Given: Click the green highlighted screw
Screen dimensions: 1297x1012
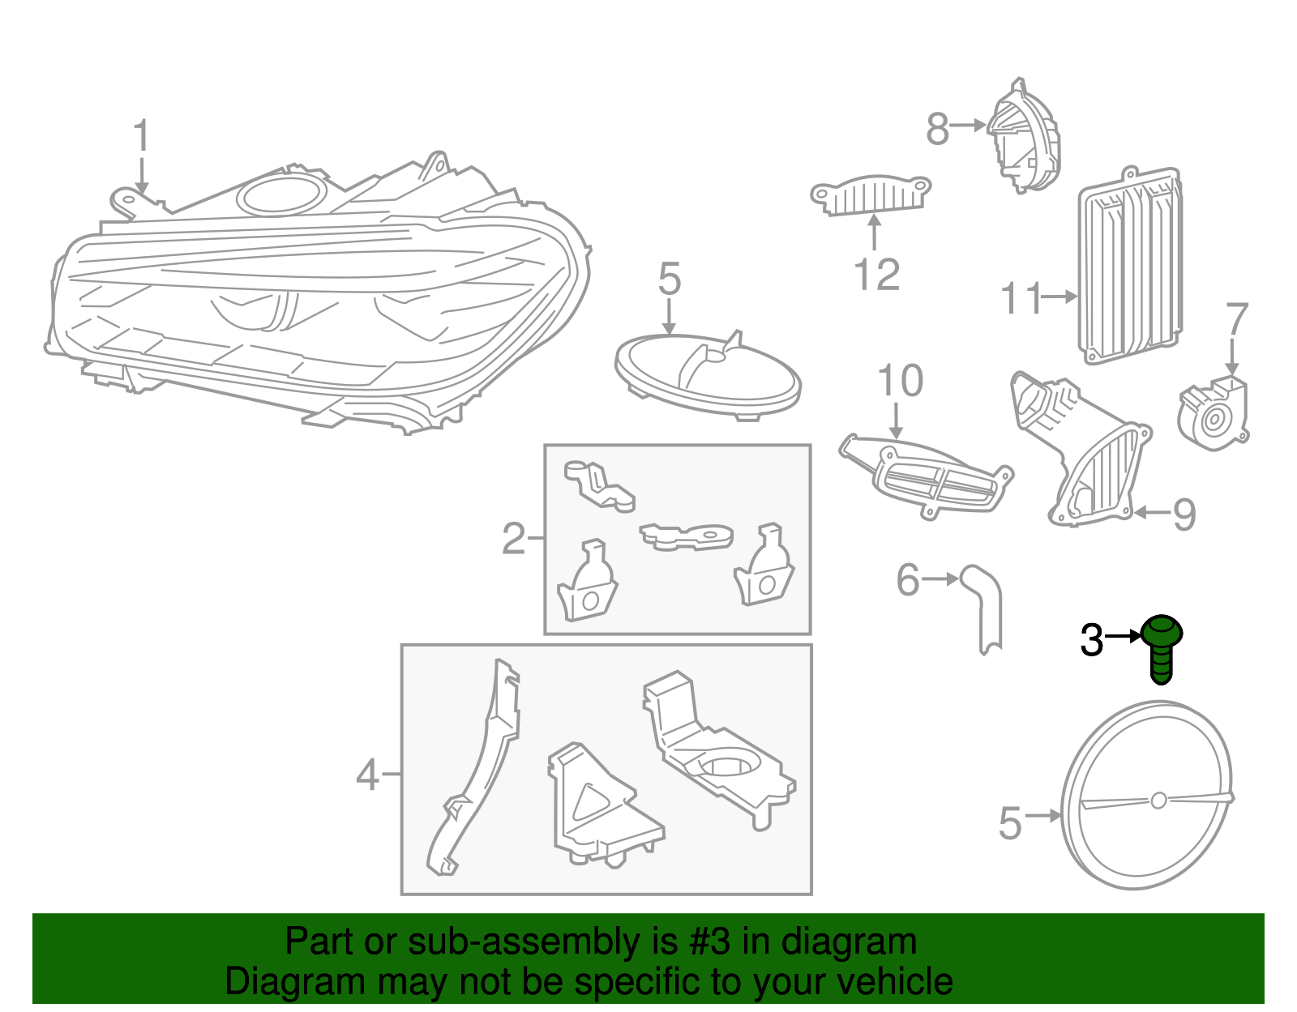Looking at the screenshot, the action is pyautogui.click(x=1161, y=649).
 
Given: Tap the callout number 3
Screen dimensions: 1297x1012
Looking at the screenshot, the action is pyautogui.click(x=1092, y=640).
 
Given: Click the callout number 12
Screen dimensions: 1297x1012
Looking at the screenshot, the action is pyautogui.click(x=877, y=275).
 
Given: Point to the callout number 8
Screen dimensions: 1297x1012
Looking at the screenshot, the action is pyautogui.click(x=937, y=130).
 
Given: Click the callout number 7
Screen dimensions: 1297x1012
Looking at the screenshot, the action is pyautogui.click(x=1237, y=318).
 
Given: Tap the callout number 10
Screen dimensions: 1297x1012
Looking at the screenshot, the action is pyautogui.click(x=900, y=381).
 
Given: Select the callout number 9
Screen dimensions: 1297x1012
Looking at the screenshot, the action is pyautogui.click(x=1184, y=515).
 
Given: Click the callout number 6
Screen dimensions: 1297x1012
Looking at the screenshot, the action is pyautogui.click(x=908, y=579).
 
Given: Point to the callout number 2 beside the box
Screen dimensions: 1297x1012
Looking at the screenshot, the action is pyautogui.click(x=513, y=539).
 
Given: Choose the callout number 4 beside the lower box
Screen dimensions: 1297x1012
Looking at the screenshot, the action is pyautogui.click(x=368, y=775).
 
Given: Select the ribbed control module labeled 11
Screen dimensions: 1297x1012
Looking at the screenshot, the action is pyautogui.click(x=1130, y=266).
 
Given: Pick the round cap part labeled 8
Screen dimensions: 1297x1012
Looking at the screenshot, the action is pyautogui.click(x=1022, y=136).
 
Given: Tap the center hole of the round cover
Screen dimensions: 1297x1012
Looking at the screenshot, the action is pyautogui.click(x=1158, y=801).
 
